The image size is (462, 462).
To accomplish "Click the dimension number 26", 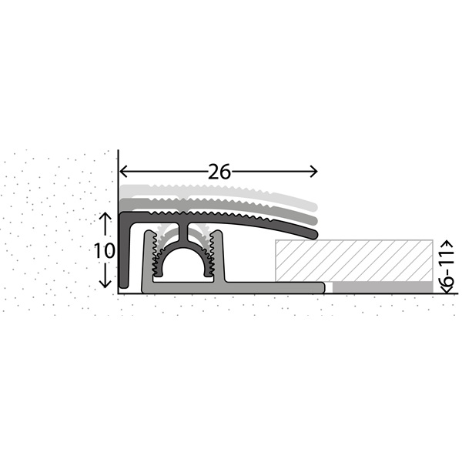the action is point(219,172).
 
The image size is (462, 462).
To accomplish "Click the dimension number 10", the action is point(104,250).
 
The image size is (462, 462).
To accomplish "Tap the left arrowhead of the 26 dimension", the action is point(123,172).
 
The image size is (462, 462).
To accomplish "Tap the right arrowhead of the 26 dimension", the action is point(313,172).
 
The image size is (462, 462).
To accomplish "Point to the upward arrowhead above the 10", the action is point(105,216).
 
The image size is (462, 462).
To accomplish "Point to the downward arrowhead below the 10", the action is point(105,283).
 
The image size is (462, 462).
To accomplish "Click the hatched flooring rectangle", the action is point(354,260).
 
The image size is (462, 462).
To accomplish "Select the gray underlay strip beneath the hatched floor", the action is point(383,287).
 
